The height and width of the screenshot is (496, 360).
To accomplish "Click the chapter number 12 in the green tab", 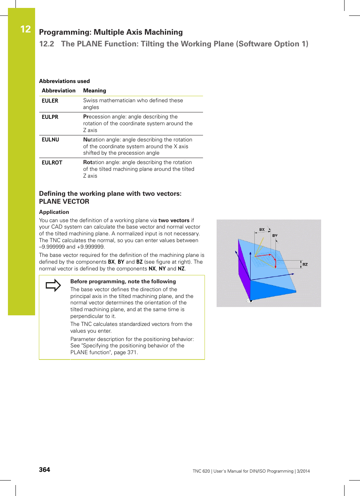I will pos(25,29).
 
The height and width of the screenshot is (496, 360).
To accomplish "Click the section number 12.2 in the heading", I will pos(46,44).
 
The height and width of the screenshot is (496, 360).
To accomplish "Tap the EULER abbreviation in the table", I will pos(50,101).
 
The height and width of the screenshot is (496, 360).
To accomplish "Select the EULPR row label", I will pos(50,117).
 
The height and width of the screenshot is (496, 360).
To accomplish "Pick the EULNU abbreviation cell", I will pos(50,140).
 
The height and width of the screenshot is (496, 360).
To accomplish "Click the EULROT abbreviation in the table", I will pos(52,163).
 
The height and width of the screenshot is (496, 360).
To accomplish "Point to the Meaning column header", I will pos(94,91).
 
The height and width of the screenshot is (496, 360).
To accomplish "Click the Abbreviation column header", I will pos(58,91).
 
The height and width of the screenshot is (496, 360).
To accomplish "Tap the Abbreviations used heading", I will pos(64,81).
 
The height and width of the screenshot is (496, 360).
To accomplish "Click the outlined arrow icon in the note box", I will pos(53,285).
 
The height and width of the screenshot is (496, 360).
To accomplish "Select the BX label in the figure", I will pos(262,229).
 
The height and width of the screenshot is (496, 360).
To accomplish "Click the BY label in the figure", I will pos(275,235).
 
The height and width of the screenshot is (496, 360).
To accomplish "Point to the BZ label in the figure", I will pos(305,264).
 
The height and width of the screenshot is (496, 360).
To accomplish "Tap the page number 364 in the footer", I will pos(45,470).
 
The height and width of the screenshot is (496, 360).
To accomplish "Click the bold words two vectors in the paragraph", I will pos(174,220).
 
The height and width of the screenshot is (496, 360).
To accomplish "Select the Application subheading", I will pos(54,212).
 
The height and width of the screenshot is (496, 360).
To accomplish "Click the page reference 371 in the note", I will pos(132,352).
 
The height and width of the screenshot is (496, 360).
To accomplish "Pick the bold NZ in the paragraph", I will pos(181,269).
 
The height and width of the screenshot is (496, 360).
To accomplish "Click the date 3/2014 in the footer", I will pos(303,471).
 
